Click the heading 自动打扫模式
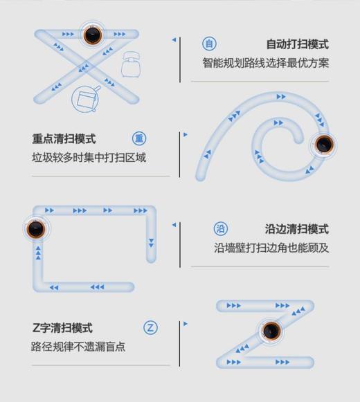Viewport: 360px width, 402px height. point(297,44)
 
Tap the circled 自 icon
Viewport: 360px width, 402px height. point(209,44)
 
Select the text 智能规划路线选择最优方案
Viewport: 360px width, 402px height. point(266,63)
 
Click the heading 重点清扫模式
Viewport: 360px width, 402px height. point(64,138)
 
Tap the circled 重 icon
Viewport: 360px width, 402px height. point(139,138)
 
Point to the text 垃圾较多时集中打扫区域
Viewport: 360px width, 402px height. point(89,158)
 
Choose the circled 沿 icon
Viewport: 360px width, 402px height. point(220,229)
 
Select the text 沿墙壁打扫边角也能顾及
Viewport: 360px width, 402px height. point(271,248)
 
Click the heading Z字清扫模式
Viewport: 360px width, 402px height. point(62,328)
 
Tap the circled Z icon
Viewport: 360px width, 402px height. point(151,328)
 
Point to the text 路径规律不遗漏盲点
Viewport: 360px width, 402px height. point(78,347)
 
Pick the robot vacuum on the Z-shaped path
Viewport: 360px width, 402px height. point(270,331)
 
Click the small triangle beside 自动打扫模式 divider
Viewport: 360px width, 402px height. point(174,40)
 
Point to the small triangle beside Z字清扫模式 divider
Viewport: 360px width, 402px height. point(186,323)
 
